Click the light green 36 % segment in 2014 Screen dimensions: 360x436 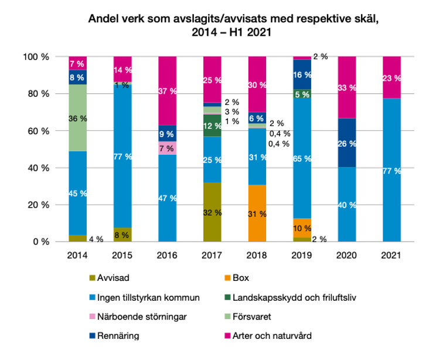coord(77,118)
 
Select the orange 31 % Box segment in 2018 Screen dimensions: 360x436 coord(257,213)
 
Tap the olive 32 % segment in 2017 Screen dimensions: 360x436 coord(212,212)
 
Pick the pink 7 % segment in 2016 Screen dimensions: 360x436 coord(168,148)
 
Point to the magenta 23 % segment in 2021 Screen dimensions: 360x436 coord(392,77)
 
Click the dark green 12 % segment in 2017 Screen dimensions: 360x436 coord(212,125)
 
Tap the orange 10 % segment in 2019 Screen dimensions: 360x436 coord(302,227)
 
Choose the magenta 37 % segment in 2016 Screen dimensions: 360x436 coord(168,90)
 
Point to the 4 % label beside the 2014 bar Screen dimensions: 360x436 coord(96,239)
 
